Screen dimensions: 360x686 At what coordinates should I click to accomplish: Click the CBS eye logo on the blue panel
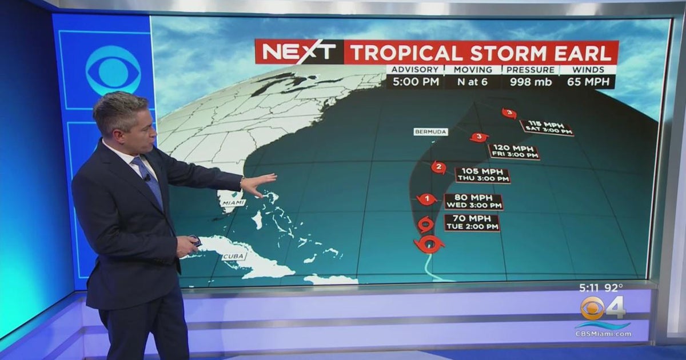(113, 70)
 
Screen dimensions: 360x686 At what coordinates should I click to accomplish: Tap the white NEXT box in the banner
(299, 52)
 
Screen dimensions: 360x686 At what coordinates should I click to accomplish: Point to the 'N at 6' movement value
(472, 82)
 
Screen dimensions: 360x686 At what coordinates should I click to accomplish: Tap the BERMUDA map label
(430, 132)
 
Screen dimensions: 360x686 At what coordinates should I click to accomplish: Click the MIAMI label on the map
(233, 203)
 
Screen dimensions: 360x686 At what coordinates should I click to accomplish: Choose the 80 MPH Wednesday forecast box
(473, 201)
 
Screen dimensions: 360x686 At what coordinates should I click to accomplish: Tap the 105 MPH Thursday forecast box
(482, 175)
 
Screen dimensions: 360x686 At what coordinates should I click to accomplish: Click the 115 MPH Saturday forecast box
(546, 127)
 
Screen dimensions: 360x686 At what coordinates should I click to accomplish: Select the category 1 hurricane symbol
(426, 199)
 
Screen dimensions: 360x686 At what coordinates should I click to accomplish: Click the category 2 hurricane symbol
(438, 167)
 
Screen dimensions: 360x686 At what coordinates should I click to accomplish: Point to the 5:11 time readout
(588, 289)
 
